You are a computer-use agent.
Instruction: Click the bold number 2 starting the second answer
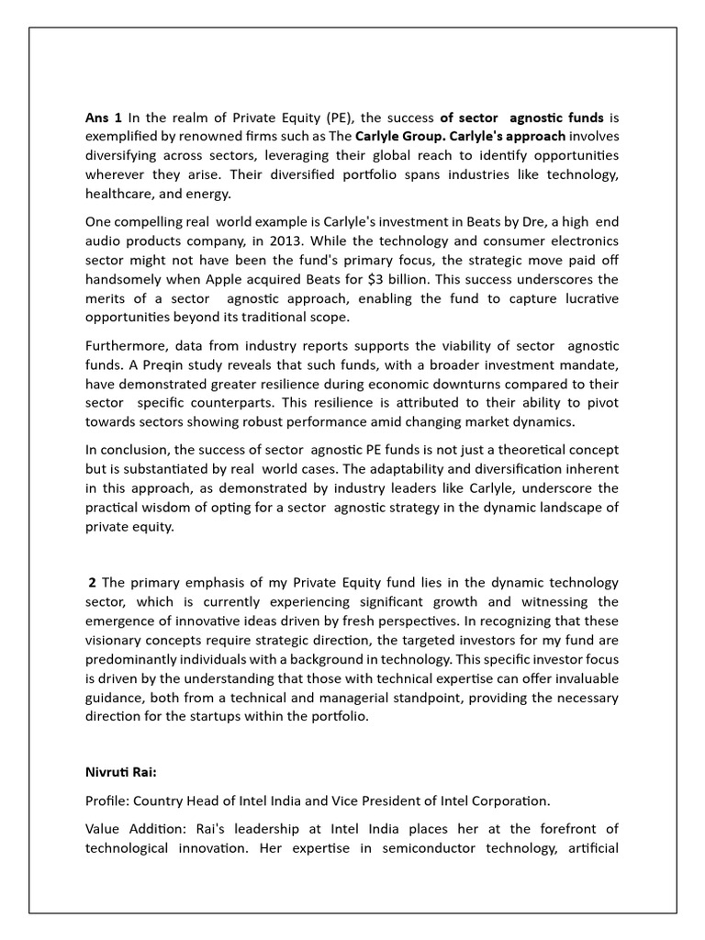[x=93, y=583]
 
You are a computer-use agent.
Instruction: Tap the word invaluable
[x=578, y=679]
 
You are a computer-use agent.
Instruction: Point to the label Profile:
[x=108, y=800]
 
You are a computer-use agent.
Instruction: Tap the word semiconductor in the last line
[x=401, y=848]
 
